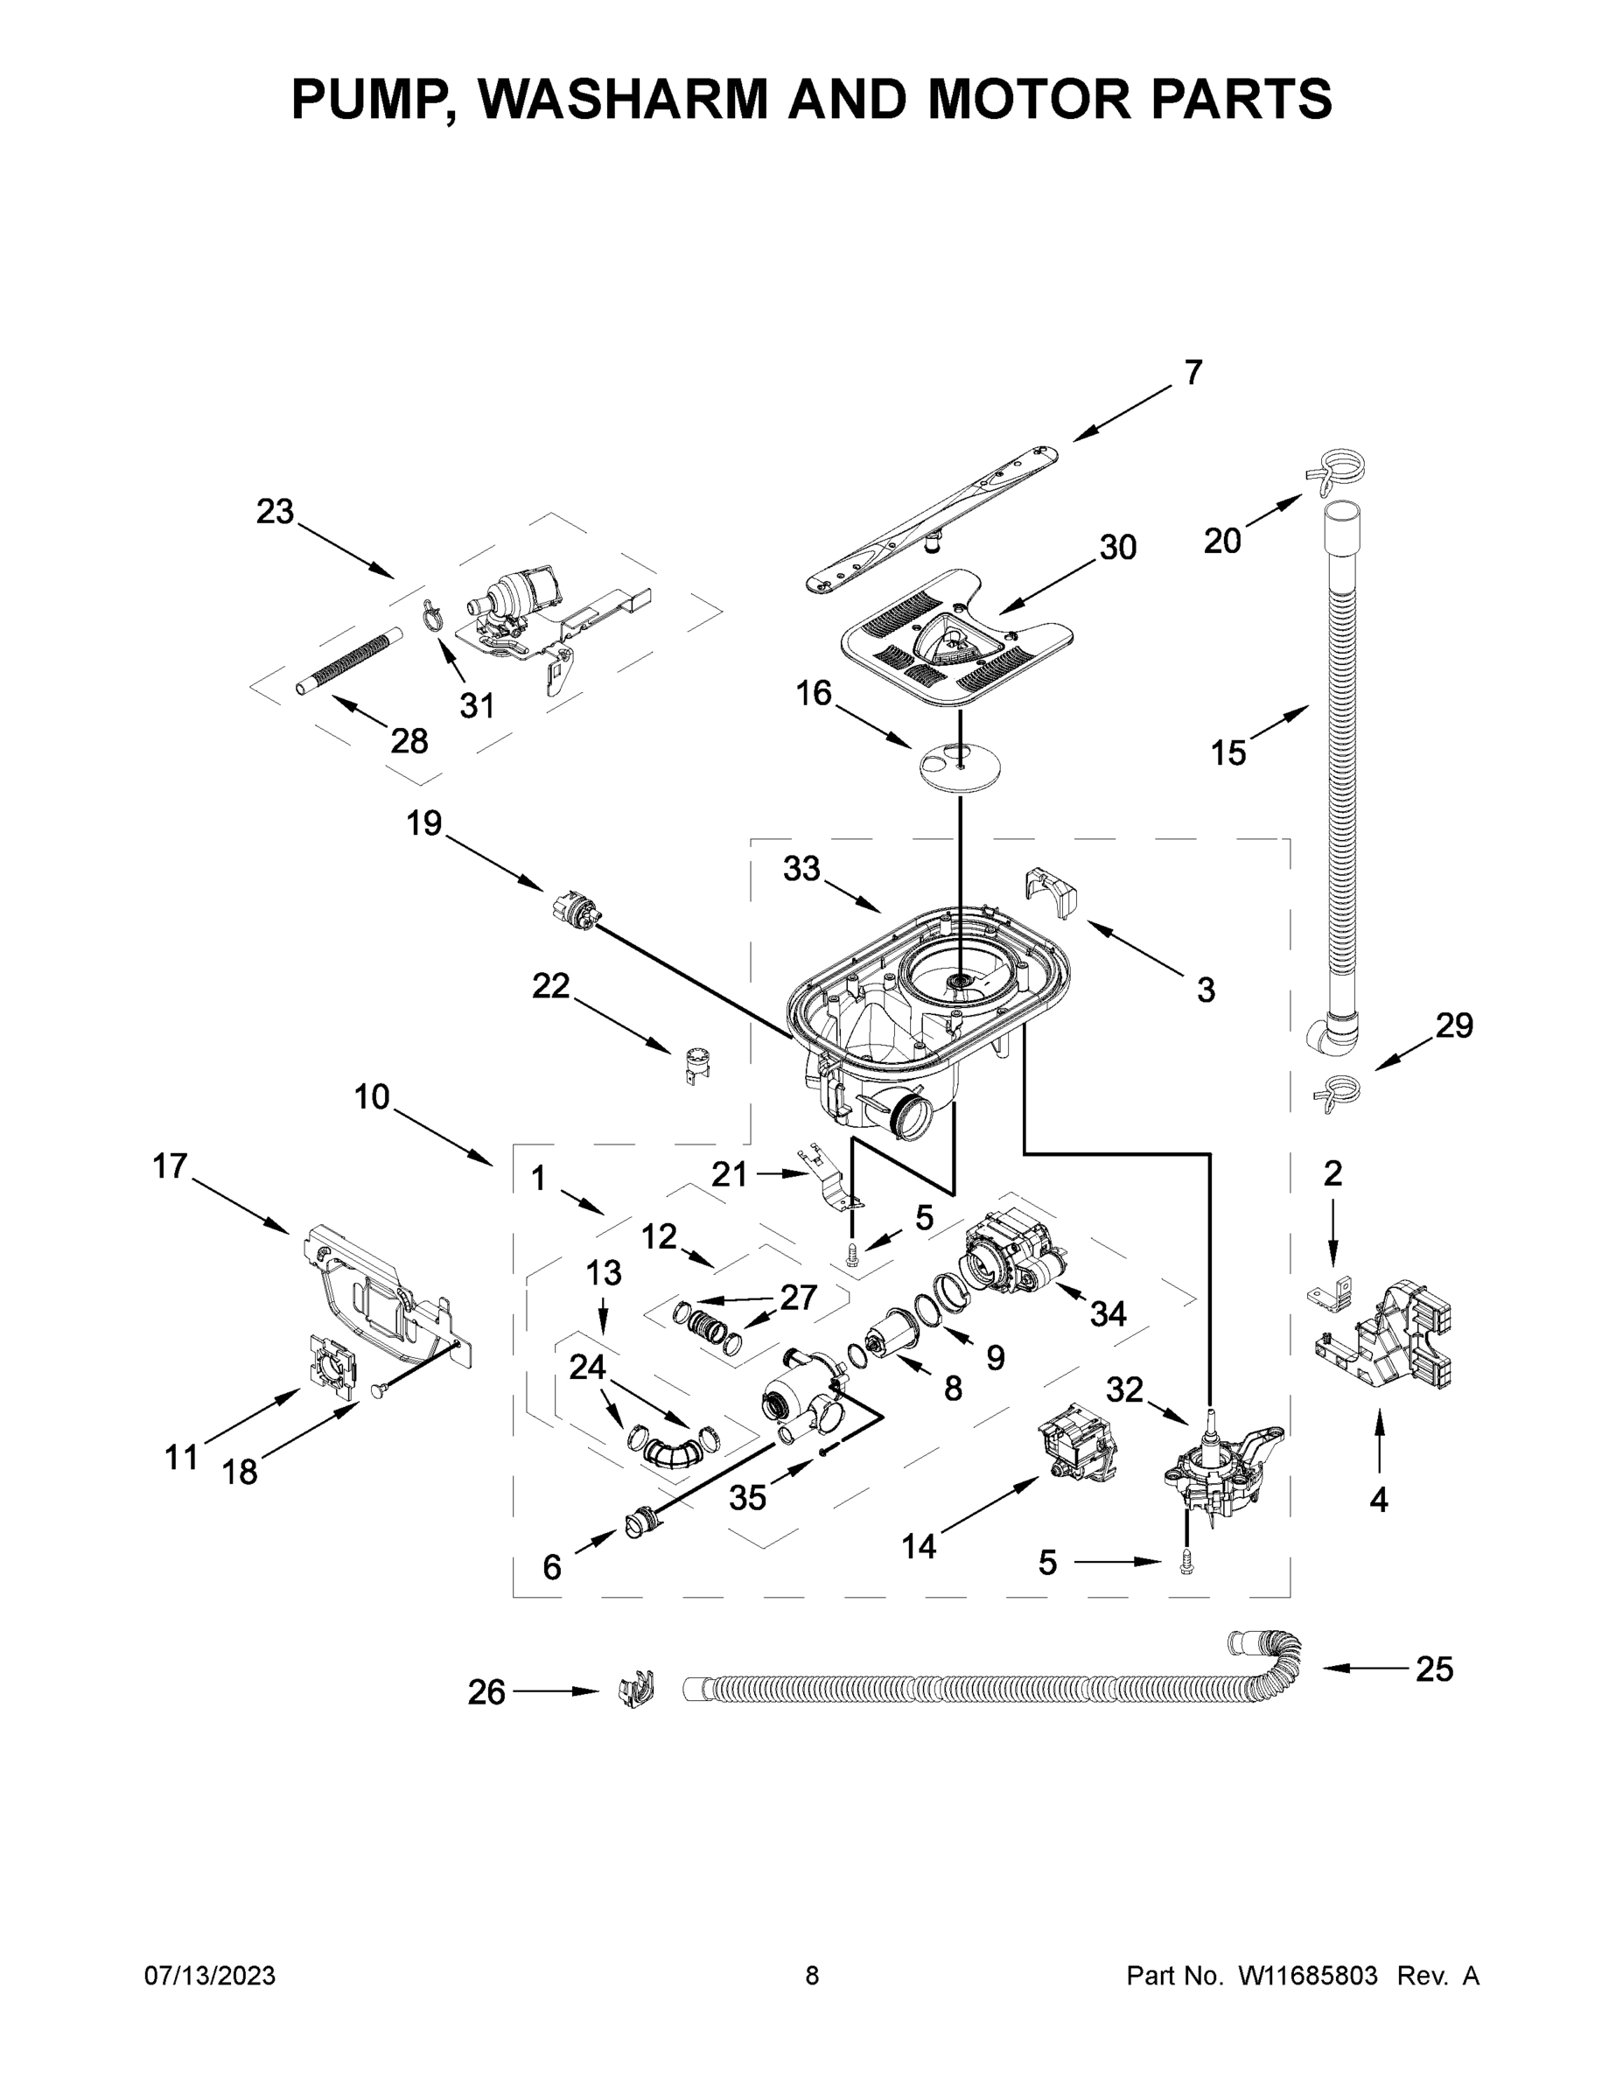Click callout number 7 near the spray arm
pos(1193,373)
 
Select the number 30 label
pos(1117,548)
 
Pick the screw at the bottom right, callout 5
pos(1186,1563)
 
